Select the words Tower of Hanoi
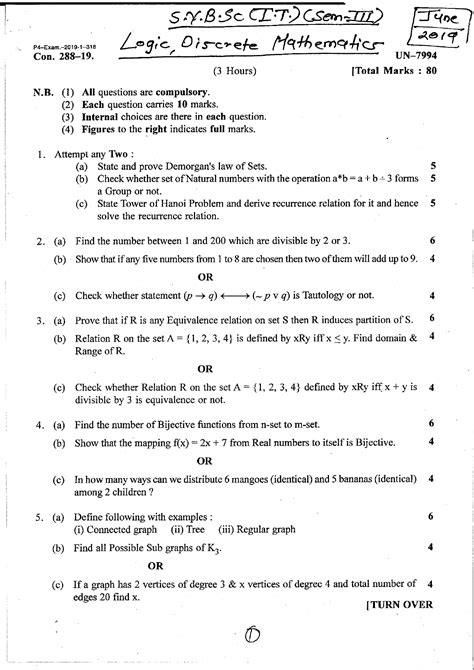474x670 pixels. pyautogui.click(x=146, y=204)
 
